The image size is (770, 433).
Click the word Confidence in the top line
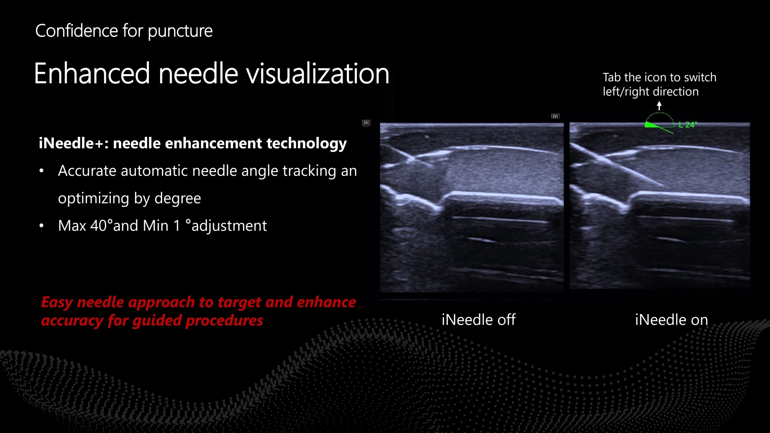click(x=77, y=31)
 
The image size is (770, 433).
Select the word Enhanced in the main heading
click(x=92, y=73)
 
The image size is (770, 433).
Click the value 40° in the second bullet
click(x=101, y=225)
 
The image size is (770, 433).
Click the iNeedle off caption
click(x=479, y=320)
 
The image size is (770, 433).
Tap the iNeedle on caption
click(x=671, y=320)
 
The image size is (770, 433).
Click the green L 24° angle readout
click(x=688, y=125)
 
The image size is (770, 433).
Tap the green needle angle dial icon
click(x=659, y=123)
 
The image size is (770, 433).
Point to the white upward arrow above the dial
click(x=659, y=106)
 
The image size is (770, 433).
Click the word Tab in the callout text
click(x=612, y=77)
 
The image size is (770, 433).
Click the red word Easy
click(x=57, y=302)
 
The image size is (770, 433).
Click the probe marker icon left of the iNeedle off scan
click(x=366, y=123)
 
